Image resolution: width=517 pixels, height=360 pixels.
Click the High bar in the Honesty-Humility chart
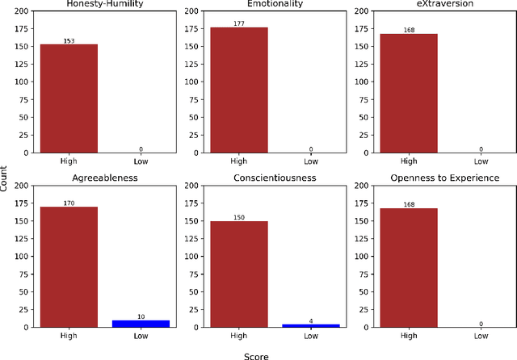click(x=69, y=98)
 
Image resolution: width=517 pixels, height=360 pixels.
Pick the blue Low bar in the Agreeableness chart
click(x=141, y=323)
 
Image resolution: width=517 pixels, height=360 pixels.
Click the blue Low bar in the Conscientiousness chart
click(x=311, y=325)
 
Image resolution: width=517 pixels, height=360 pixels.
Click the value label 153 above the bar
click(x=69, y=40)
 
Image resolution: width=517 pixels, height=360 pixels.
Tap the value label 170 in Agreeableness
click(x=69, y=203)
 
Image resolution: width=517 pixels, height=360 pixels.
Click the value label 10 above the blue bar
click(x=141, y=316)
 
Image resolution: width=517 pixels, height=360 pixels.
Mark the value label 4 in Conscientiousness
click(x=311, y=320)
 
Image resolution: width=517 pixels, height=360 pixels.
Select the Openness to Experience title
click(x=443, y=178)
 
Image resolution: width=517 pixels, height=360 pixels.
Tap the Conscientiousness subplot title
click(x=274, y=178)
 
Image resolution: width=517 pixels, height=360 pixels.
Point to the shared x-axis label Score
click(x=257, y=354)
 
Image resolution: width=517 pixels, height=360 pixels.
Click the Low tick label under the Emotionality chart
click(x=311, y=161)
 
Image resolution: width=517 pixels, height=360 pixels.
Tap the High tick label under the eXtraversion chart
click(x=408, y=161)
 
